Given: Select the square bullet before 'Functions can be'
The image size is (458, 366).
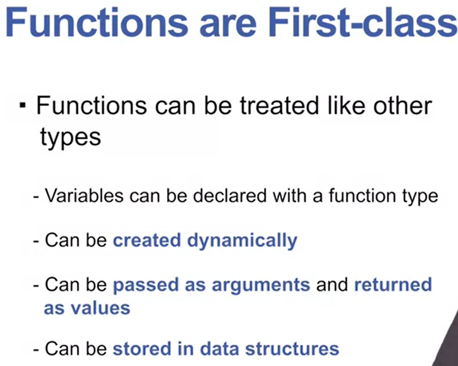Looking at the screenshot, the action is [23, 105].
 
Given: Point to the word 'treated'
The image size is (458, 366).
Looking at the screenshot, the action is [279, 106].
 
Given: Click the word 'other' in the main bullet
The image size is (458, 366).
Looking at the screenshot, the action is [403, 106].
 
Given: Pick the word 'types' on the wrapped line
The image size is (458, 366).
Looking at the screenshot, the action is [70, 138].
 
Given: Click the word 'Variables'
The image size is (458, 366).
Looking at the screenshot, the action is [84, 196].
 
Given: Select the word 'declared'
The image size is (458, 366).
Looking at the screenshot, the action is [230, 196].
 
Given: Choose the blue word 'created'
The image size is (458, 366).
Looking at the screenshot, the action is [147, 240].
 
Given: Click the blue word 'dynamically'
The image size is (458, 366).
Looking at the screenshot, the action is [242, 241].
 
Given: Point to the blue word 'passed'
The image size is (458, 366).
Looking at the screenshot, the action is [145, 285].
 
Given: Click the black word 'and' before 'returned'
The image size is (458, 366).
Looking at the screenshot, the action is [332, 285].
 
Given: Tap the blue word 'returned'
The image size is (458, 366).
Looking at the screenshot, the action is [393, 285].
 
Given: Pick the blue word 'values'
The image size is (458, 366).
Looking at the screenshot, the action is [100, 308].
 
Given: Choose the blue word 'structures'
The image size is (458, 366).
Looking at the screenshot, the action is [292, 349].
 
